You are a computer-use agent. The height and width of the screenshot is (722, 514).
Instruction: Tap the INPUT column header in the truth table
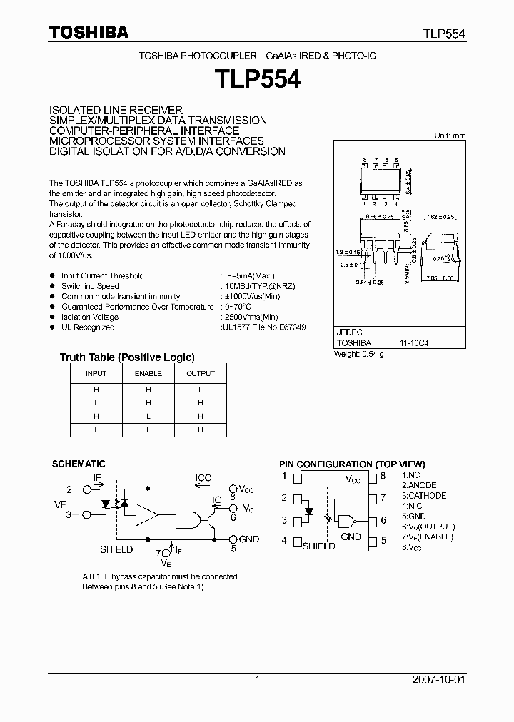[x=96, y=374]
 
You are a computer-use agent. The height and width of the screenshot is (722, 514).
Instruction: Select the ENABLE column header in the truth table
[x=148, y=374]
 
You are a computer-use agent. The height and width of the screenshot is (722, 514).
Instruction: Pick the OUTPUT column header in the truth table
[x=201, y=374]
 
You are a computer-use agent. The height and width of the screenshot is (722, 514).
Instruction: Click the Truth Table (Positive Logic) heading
[x=127, y=357]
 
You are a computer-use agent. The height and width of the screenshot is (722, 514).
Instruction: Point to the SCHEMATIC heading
[x=79, y=464]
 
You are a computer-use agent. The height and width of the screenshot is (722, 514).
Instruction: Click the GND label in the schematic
[x=248, y=539]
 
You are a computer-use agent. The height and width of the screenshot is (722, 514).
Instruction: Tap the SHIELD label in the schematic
[x=116, y=549]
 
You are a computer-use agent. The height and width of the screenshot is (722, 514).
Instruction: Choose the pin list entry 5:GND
[x=413, y=516]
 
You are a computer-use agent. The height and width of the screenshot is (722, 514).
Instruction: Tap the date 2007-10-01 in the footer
[x=439, y=680]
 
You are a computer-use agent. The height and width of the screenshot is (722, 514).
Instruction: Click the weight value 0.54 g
[x=372, y=354]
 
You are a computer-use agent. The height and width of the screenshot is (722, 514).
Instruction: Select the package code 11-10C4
[x=414, y=343]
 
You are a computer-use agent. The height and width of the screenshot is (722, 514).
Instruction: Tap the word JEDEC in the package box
[x=349, y=332]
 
